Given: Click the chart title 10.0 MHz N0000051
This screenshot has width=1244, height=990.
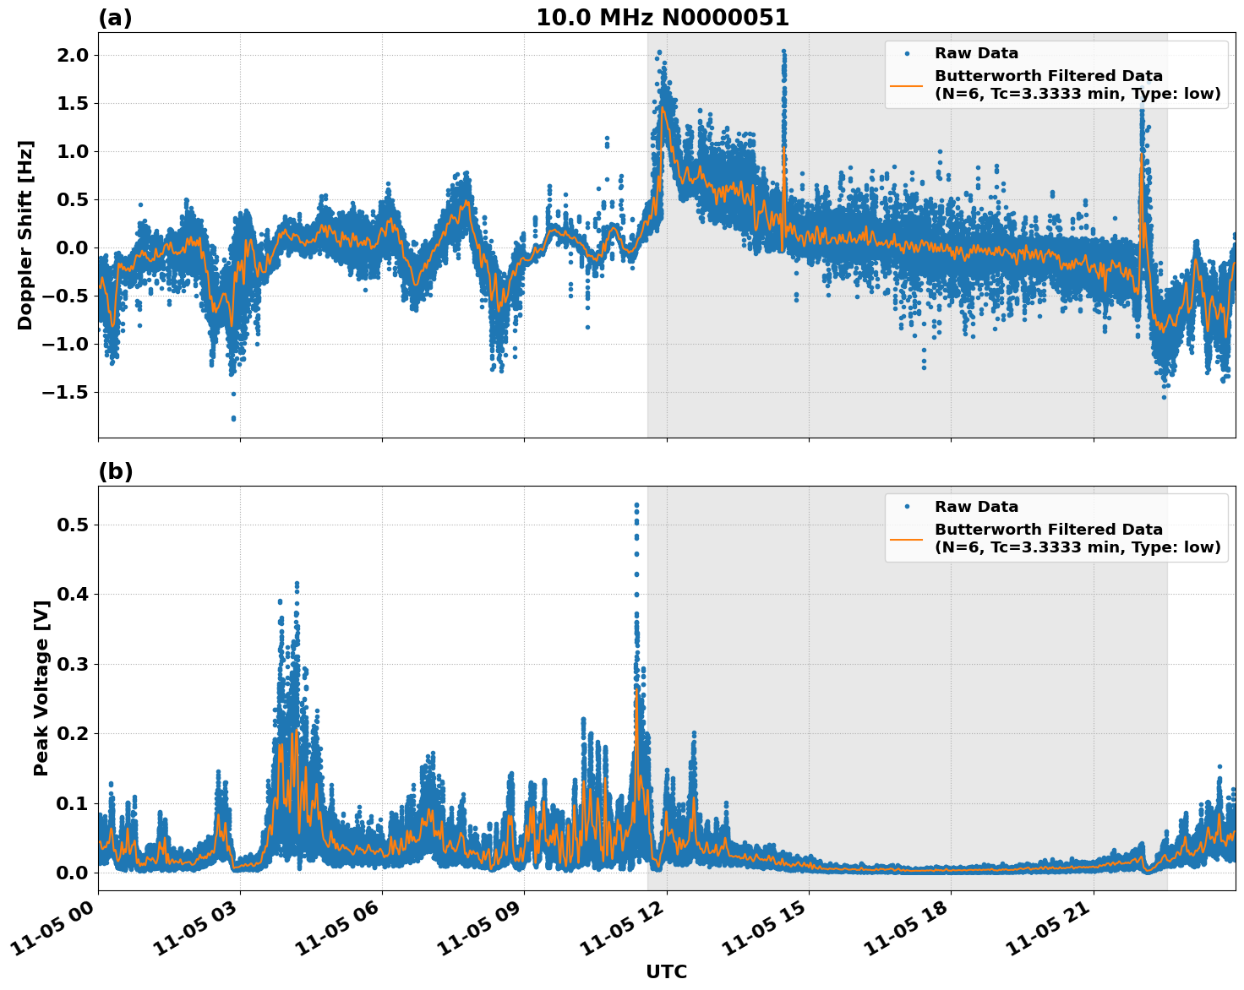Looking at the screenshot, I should pyautogui.click(x=662, y=18).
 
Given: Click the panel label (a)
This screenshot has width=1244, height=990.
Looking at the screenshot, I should pyautogui.click(x=115, y=18).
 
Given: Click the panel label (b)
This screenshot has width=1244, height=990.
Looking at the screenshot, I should pyautogui.click(x=115, y=471).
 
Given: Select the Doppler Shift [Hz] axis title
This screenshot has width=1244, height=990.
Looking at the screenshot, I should pyautogui.click(x=25, y=235).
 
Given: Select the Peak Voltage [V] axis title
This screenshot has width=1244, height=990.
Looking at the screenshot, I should pyautogui.click(x=41, y=688).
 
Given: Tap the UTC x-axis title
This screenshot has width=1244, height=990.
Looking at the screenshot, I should pyautogui.click(x=666, y=971).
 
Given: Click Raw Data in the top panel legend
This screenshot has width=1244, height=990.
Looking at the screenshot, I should pyautogui.click(x=976, y=53).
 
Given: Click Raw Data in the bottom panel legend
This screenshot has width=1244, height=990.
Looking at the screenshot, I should pyautogui.click(x=976, y=507).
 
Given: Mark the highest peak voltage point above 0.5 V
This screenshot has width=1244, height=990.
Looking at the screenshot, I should pyautogui.click(x=636, y=505).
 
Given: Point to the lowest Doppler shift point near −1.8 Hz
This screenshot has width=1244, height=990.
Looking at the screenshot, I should pyautogui.click(x=233, y=418).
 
